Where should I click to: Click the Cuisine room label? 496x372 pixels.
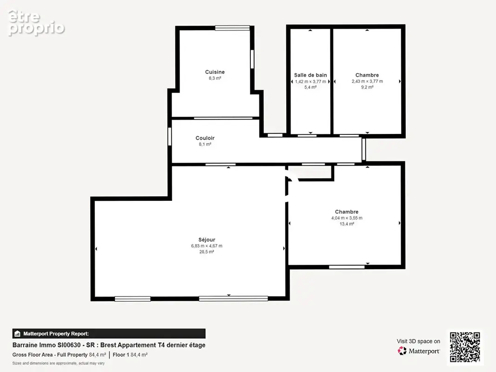tap(215, 72)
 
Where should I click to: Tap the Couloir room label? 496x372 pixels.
tap(205, 138)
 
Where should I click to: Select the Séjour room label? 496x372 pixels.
tap(207, 240)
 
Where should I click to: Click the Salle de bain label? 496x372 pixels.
tap(310, 75)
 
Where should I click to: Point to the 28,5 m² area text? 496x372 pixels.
tap(207, 252)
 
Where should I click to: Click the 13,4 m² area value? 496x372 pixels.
tap(347, 224)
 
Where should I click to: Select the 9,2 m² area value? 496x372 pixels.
tap(367, 87)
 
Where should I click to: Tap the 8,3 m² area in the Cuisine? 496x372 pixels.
tap(215, 78)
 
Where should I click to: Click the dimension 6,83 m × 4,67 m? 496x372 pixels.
tap(207, 246)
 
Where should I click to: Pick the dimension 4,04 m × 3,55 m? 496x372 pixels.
tap(347, 218)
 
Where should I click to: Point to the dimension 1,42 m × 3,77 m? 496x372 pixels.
tap(310, 81)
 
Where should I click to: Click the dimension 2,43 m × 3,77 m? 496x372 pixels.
tap(367, 81)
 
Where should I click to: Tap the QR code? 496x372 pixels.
tap(465, 347)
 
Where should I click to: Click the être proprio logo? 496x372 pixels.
tap(36, 23)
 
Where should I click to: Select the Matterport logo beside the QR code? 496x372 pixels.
tap(418, 351)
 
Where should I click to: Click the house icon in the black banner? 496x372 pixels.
tap(17, 334)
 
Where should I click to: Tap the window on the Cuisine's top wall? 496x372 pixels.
tap(233, 28)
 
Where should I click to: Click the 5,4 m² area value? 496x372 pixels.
tap(310, 87)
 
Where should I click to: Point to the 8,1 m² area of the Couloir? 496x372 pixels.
tap(205, 144)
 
